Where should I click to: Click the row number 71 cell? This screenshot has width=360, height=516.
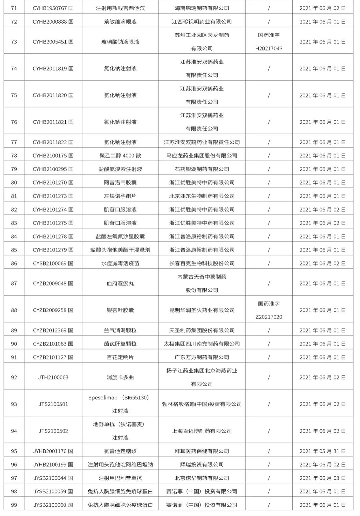(14, 8)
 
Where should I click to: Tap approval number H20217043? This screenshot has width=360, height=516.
(269, 49)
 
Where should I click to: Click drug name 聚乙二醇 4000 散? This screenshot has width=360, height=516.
(120, 156)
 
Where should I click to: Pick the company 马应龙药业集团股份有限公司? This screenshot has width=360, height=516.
(202, 156)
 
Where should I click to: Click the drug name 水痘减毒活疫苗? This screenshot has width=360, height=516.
(120, 263)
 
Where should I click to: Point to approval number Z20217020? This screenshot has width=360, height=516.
(269, 317)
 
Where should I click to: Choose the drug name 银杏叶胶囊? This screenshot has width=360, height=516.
(120, 310)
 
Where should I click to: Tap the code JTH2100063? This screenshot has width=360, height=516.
(53, 377)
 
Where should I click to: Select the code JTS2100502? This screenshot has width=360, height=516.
(53, 431)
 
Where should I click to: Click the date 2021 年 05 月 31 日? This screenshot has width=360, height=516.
(322, 451)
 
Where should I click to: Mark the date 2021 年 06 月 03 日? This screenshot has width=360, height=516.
(322, 478)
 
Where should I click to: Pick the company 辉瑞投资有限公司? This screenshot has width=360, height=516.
(202, 465)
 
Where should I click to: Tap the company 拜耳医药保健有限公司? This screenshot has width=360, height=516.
(202, 451)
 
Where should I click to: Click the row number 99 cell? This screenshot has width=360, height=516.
(14, 505)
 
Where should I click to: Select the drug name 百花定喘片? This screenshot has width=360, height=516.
(120, 357)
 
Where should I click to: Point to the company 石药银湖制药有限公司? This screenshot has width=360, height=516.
(202, 169)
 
